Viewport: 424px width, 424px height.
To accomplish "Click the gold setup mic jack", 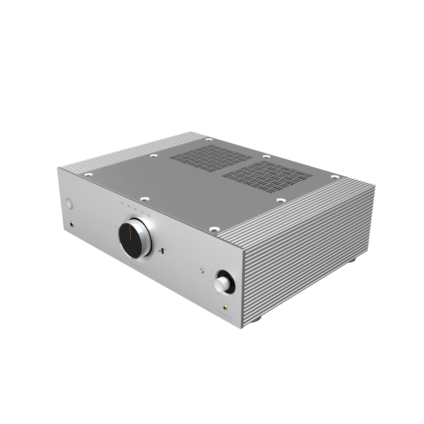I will [225, 308].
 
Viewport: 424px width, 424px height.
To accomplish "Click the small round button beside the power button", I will [79, 209].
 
